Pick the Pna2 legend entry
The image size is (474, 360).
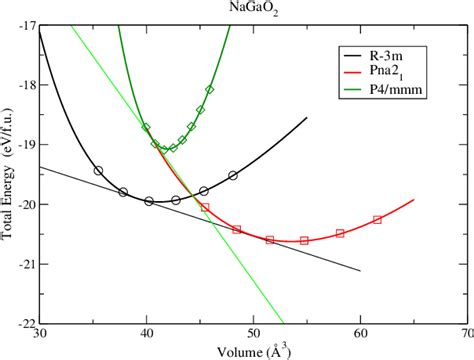point(388,72)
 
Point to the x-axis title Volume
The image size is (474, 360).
point(246,351)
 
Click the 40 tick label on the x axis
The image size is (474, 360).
point(147,335)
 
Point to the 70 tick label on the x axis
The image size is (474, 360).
point(464,335)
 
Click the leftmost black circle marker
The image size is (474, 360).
point(98,171)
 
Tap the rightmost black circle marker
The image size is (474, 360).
point(233,175)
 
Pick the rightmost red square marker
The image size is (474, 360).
point(377,219)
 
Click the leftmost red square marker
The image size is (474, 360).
point(205,207)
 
